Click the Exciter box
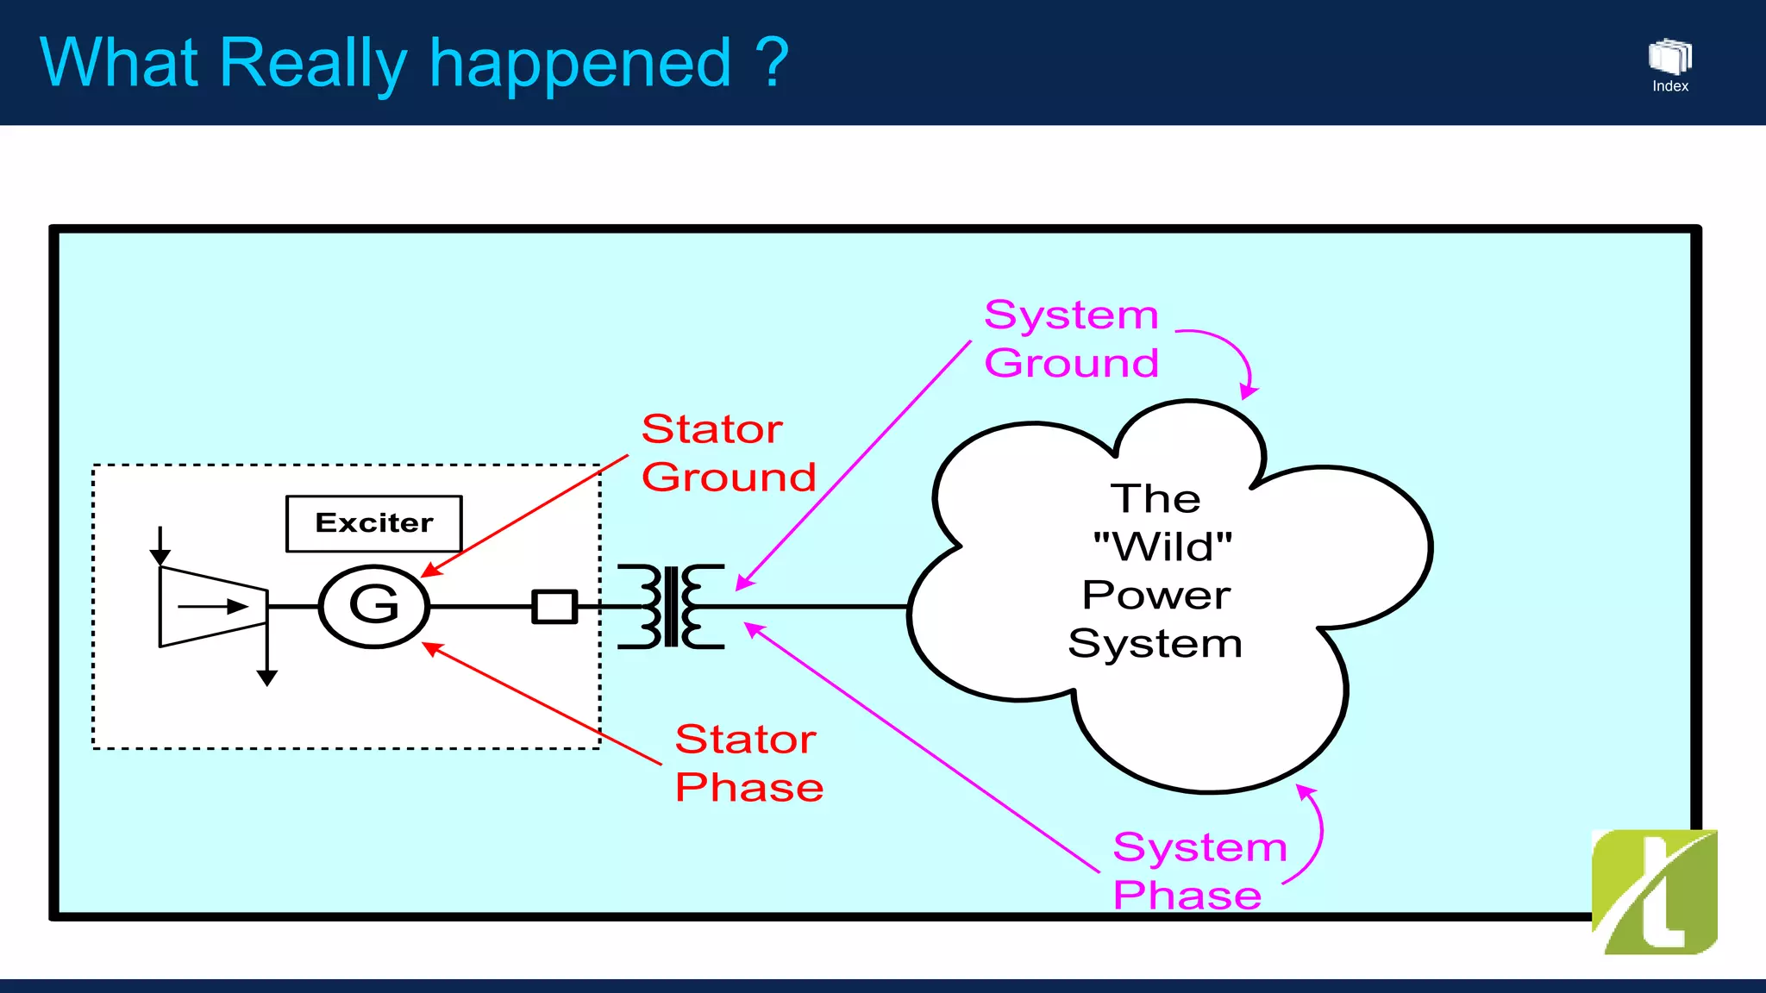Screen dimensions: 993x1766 click(374, 523)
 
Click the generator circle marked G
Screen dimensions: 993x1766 click(374, 606)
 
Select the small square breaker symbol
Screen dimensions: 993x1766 click(554, 606)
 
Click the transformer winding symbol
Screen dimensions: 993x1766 click(671, 606)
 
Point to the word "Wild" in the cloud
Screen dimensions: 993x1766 click(1162, 546)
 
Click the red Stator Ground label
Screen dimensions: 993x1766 click(728, 453)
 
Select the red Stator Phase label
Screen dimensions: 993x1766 click(748, 764)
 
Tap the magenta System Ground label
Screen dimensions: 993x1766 click(1071, 339)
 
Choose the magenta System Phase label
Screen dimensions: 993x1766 click(1199, 871)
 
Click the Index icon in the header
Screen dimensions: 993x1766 click(1670, 66)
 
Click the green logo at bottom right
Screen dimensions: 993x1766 click(1654, 892)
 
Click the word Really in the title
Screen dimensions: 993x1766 click(312, 64)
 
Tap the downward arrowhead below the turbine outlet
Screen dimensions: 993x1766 click(267, 678)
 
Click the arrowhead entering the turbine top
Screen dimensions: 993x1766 click(160, 557)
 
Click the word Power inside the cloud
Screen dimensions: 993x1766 click(1156, 596)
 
